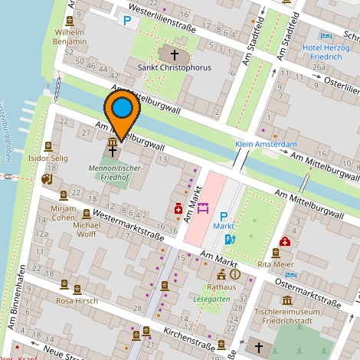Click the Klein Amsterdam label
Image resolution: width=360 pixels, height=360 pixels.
[265, 144]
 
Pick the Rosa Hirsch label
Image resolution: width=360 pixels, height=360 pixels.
[77, 301]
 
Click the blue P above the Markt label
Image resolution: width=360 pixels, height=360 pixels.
[224, 217]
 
